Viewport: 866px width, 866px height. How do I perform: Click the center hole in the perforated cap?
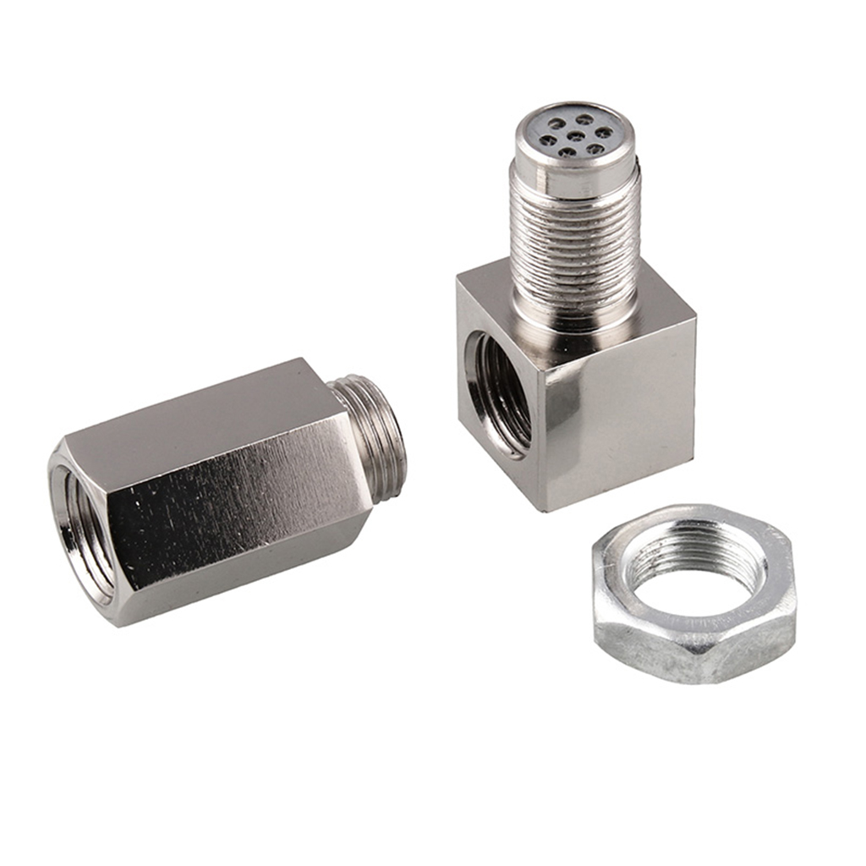[573, 135]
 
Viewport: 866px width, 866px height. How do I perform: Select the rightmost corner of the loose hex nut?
[796, 592]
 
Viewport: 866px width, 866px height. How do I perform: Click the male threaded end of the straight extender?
[372, 436]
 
